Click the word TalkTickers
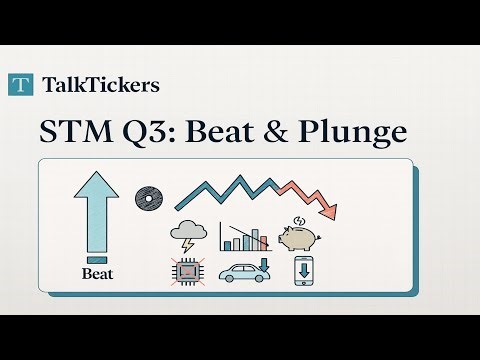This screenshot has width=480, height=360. pos(101,85)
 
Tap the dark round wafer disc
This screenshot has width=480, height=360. pos(149,199)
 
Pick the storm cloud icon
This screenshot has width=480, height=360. pos(189,232)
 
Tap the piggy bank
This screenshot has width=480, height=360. pos(298,237)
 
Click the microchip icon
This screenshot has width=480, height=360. pos(187,272)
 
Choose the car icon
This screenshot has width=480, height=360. pos(243,274)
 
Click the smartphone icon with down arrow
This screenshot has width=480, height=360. pos(303,272)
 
